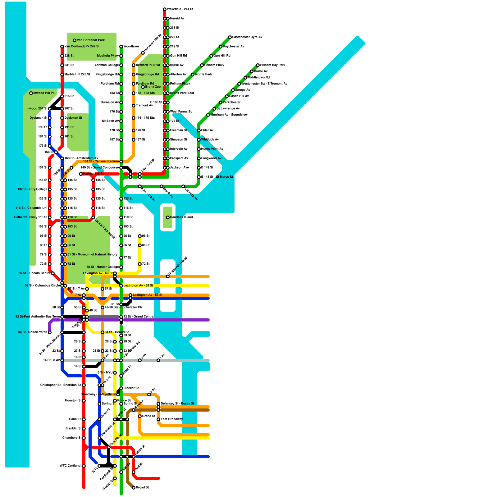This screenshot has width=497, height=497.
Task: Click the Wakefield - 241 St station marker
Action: tap(165, 9)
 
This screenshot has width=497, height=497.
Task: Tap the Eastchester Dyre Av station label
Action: tap(247, 37)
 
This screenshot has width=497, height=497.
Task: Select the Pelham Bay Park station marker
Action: tap(258, 65)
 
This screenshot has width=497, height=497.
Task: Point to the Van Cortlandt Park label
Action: tap(91, 40)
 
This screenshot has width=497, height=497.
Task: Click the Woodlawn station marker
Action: tap(121, 47)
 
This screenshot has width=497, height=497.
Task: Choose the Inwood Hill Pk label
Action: tap(44, 93)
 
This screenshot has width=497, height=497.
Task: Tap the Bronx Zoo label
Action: tap(153, 87)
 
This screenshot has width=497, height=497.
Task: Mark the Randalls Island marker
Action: tap(168, 217)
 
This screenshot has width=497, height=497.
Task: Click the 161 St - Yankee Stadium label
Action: tap(101, 162)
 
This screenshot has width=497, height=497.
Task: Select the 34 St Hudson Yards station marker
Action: tap(50, 332)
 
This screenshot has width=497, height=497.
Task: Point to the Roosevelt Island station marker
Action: tap(168, 276)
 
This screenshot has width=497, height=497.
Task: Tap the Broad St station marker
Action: tap(134, 488)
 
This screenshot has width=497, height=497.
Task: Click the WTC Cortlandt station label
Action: tap(71, 466)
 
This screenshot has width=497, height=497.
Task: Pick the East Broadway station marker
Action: tap(158, 419)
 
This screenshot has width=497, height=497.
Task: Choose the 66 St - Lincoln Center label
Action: tap(34, 273)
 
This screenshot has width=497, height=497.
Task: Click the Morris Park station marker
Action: tap(193, 75)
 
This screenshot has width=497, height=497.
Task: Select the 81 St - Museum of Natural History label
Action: tap(93, 255)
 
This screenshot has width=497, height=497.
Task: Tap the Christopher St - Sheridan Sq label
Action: tap(61, 385)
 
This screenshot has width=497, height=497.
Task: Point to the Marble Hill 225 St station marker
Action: tap(62, 75)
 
